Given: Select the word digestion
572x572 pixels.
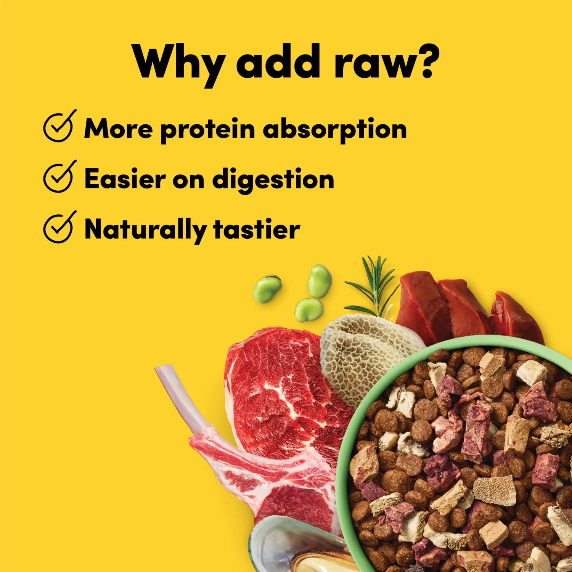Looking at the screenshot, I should click(273, 180).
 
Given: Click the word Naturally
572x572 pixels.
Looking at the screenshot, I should click(145, 230).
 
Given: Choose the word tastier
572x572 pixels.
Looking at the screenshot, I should click(256, 229).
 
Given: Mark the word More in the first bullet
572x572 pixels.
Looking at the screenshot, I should click(118, 129).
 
